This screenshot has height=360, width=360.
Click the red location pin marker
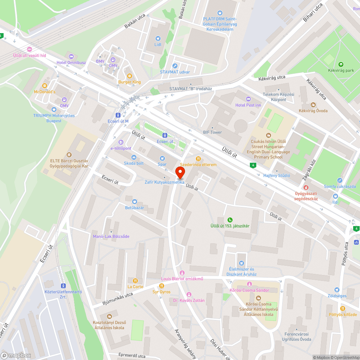coord(180,173)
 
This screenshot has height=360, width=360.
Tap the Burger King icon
coord(130,76)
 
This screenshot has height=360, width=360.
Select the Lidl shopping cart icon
coord(158,38)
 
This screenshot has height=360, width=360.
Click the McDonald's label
coord(45,92)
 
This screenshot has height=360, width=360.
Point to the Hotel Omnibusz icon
coord(71,56)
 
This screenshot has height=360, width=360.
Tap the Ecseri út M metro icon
coord(118,115)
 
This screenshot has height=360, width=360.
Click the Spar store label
coord(162,164)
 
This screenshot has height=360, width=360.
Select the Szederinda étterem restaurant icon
coord(198,158)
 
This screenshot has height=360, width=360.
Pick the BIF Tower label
coord(212,132)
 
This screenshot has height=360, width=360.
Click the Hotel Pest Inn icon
coord(248,99)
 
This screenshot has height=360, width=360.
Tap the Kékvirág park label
coord(341,71)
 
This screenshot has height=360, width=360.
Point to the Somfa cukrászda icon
coord(339,180)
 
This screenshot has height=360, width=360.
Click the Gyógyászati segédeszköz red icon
coord(306,187)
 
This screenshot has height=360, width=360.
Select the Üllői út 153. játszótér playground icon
coord(230,220)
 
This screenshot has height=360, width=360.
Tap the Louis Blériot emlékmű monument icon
coord(182,273)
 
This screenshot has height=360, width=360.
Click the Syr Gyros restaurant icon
coord(161,285)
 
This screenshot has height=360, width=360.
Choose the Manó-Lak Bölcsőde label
coord(111,237)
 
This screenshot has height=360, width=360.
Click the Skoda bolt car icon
coord(134,157)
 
